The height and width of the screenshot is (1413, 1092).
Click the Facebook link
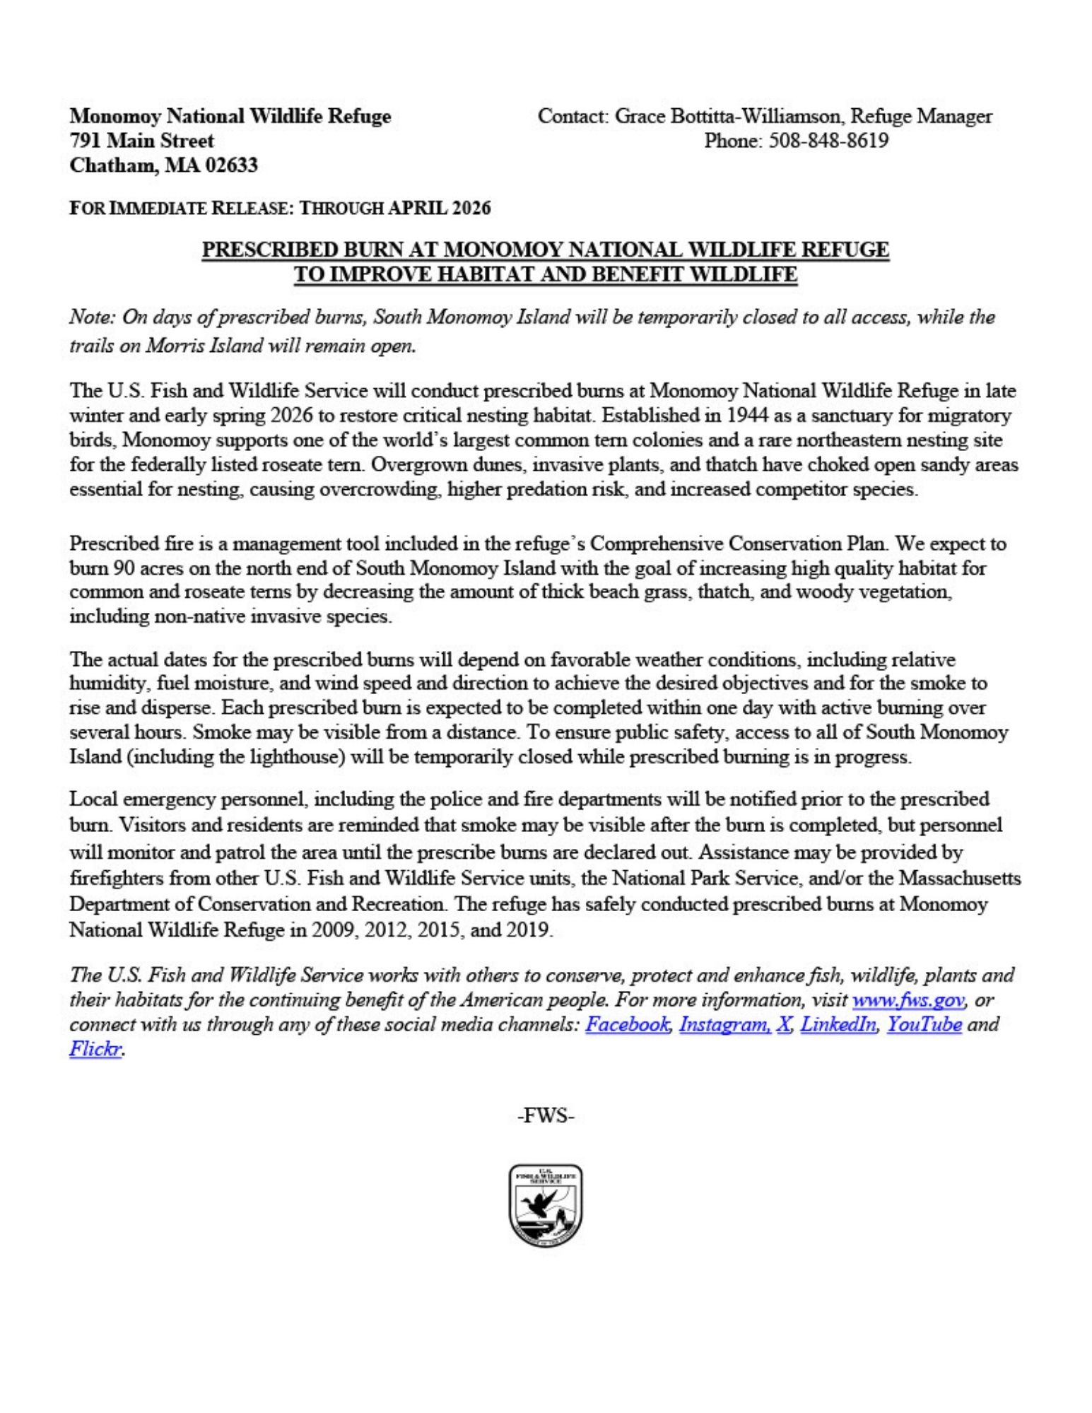pyautogui.click(x=626, y=1024)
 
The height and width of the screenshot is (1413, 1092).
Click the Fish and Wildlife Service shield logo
pyautogui.click(x=545, y=1206)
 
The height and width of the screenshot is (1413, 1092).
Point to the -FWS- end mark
pyautogui.click(x=546, y=1117)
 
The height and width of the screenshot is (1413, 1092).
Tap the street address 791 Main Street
pyautogui.click(x=141, y=141)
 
